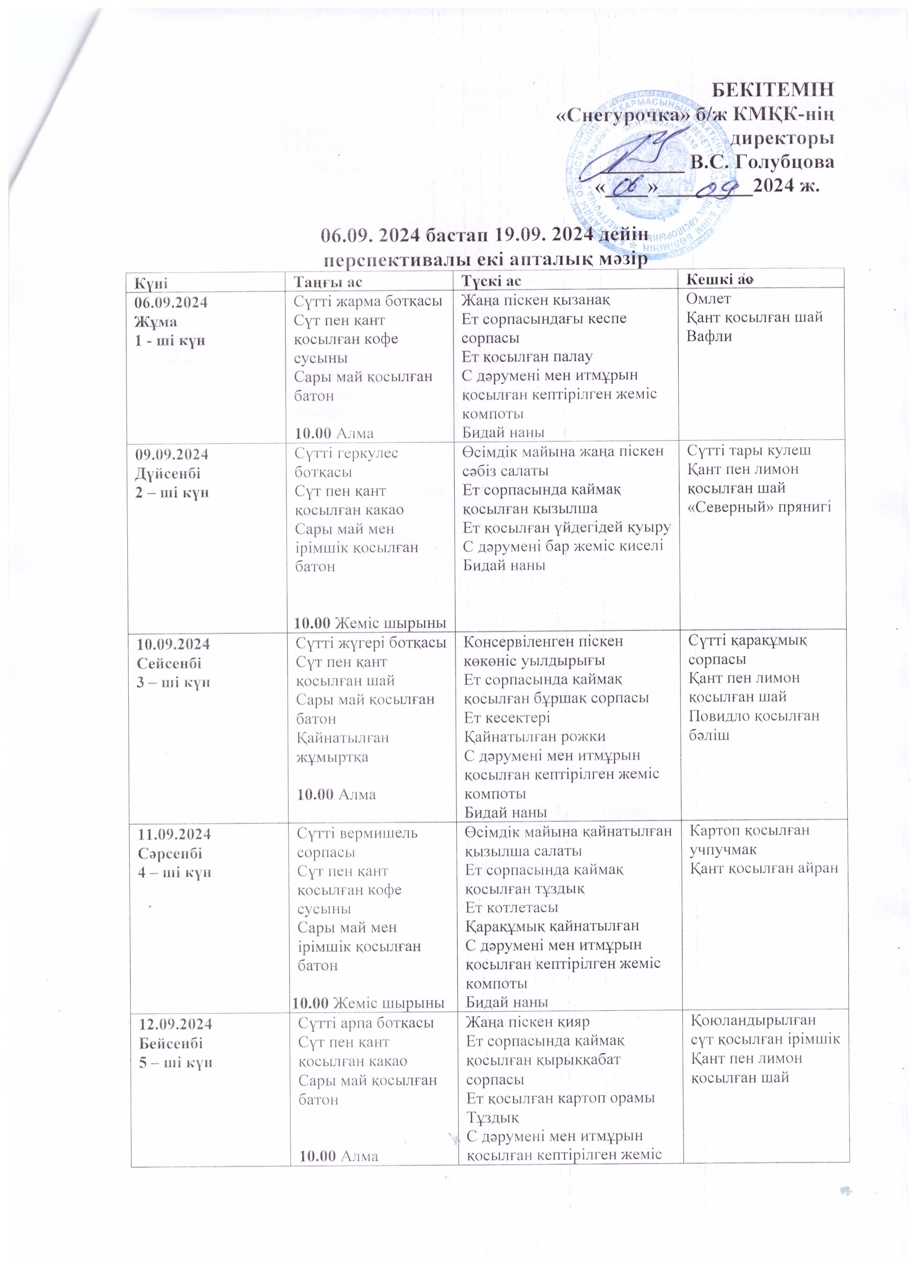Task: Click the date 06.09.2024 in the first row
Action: pos(171,303)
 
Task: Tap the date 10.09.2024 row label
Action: pos(173,644)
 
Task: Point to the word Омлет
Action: pos(708,299)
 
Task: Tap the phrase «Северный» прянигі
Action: pos(759,507)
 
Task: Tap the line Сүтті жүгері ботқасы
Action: pos(371,642)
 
